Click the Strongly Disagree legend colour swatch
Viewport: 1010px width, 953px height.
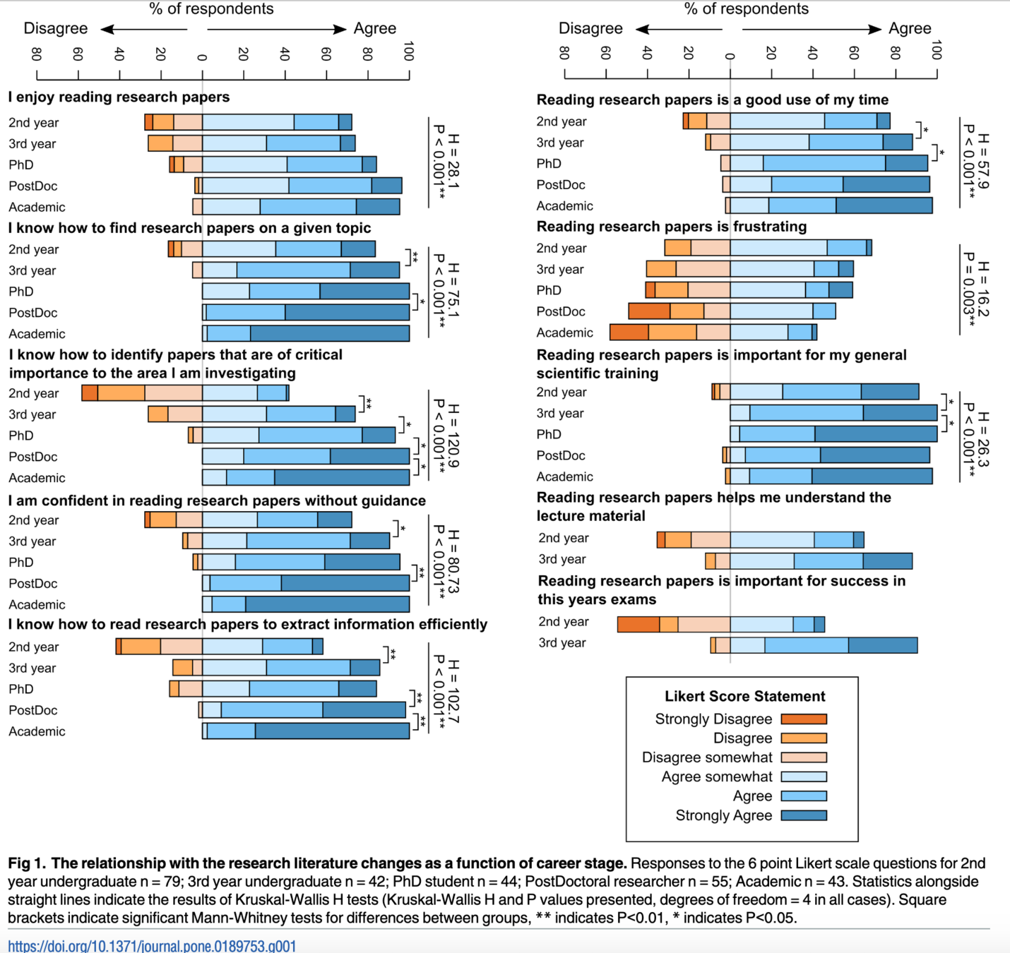coord(804,719)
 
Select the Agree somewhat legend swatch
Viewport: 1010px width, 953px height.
coord(804,777)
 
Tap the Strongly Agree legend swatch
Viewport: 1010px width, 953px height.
coord(804,816)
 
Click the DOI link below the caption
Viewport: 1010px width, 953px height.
coord(152,945)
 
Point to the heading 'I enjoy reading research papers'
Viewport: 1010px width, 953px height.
coord(119,97)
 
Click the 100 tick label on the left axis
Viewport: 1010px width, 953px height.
coord(408,52)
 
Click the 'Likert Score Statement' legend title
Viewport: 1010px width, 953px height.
coord(744,697)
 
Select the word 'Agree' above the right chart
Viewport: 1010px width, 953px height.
coord(910,29)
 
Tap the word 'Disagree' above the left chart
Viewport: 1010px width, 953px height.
coord(56,29)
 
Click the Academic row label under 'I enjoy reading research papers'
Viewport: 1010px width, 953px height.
coord(37,208)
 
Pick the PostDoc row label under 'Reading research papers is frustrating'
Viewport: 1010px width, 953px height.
coord(561,312)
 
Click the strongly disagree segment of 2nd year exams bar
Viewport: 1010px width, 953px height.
coord(638,624)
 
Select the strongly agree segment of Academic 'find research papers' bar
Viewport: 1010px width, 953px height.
coord(330,333)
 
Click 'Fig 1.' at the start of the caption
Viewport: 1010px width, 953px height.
coord(27,863)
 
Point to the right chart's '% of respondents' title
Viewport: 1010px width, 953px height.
coord(746,9)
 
